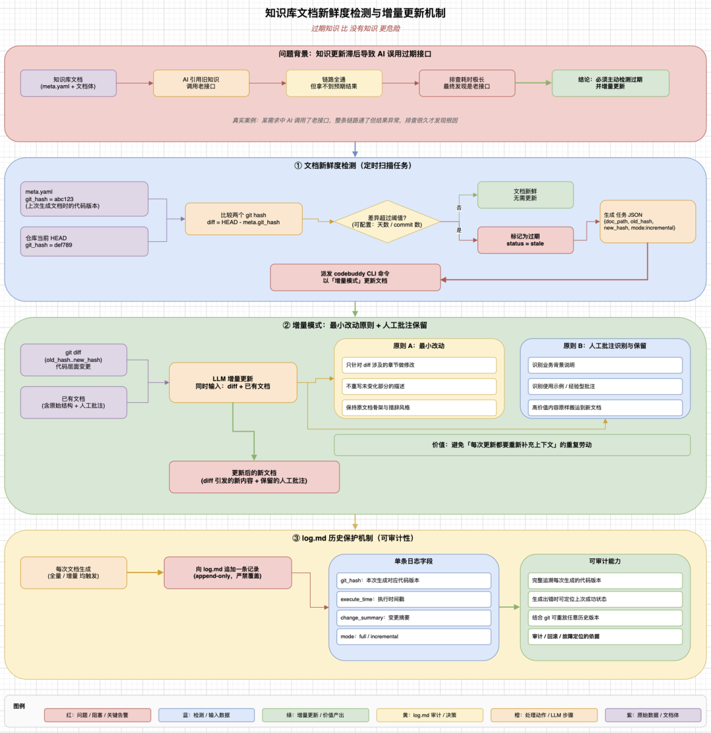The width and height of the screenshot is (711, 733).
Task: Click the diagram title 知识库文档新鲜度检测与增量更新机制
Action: (355, 13)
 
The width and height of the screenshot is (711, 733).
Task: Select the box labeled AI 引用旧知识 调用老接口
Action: (201, 83)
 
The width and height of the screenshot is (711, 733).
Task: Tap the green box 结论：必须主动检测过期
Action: (611, 83)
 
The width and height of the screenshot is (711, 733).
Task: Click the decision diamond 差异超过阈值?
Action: (387, 221)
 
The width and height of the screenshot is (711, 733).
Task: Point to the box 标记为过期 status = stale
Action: (525, 241)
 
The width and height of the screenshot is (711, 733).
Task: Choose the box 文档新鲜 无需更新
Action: (525, 195)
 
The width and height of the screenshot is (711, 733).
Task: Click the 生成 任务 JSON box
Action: (648, 221)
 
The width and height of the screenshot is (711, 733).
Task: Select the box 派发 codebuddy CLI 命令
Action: (355, 278)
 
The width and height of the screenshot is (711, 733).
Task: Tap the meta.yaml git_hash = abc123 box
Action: (84, 199)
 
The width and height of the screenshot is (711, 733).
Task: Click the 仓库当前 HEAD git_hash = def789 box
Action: (84, 242)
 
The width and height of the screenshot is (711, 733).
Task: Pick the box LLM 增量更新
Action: (233, 382)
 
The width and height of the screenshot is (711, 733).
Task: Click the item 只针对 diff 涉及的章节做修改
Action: (419, 365)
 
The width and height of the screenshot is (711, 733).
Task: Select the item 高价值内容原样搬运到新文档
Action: (605, 407)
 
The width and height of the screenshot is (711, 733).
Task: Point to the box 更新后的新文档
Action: (254, 477)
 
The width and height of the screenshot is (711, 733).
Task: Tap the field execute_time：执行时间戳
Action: (413, 599)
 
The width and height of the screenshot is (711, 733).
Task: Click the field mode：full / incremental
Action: (413, 637)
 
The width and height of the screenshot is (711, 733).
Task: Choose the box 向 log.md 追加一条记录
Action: (228, 573)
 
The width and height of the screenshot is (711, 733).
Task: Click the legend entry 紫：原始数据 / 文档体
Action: (653, 715)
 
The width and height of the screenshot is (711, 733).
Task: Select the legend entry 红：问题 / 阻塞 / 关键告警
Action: (97, 715)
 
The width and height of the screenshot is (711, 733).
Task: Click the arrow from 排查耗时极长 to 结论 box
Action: (534, 83)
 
